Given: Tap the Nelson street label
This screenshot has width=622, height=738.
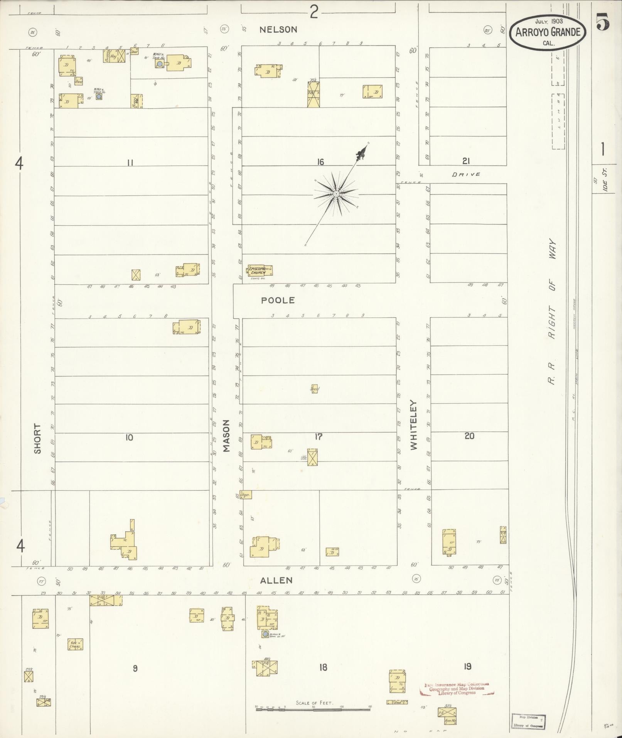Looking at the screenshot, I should pyautogui.click(x=278, y=29).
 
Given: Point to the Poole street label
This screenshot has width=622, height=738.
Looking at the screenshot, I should pyautogui.click(x=278, y=300).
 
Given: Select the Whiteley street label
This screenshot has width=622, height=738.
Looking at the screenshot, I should pyautogui.click(x=414, y=424).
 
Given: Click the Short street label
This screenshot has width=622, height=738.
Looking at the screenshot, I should pyautogui.click(x=37, y=439).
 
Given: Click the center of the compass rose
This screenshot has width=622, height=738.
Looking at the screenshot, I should pyautogui.click(x=336, y=193).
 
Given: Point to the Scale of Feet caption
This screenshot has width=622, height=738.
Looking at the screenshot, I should pyautogui.click(x=314, y=703).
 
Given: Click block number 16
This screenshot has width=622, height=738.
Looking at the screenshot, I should pyautogui.click(x=320, y=162).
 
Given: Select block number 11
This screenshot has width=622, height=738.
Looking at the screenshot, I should pyautogui.click(x=130, y=163).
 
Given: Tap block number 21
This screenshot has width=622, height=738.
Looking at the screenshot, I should pyautogui.click(x=466, y=160).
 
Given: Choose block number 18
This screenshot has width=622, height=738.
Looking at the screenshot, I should pyautogui.click(x=323, y=667).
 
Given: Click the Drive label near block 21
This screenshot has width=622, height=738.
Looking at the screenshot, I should pyautogui.click(x=466, y=174).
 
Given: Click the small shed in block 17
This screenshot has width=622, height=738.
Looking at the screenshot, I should pyautogui.click(x=315, y=389).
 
